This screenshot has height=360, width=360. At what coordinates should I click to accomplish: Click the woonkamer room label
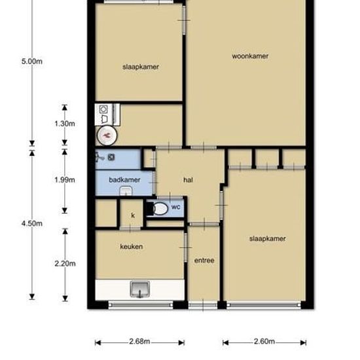point(250,56)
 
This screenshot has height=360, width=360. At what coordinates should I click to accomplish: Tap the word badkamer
point(124,180)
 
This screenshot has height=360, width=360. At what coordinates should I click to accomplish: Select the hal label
point(188,180)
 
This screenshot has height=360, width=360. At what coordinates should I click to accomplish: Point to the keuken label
point(132,247)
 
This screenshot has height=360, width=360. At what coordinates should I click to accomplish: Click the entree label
point(204,261)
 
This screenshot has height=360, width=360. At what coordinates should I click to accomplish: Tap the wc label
point(175,207)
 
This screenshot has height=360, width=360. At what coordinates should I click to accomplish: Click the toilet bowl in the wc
point(160,209)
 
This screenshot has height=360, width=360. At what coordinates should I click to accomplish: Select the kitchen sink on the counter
point(140,289)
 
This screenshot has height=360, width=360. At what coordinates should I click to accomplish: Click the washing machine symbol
point(103,109)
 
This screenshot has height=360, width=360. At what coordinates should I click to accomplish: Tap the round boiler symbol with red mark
point(107,135)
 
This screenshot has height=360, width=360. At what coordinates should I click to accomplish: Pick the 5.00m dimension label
point(32,62)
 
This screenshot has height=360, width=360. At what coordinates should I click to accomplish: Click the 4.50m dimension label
point(32,223)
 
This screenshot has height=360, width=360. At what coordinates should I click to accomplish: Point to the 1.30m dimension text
point(65,124)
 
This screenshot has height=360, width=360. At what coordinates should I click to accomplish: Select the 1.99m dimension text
point(65,180)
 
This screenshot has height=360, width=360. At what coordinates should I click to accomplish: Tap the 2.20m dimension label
point(65,264)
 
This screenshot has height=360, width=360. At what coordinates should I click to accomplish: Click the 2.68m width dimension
point(139,342)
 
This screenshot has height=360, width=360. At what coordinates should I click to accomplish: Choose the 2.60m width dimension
point(264,342)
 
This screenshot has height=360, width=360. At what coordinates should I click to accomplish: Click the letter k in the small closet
point(133,215)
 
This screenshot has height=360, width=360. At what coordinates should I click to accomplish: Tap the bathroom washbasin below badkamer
point(126,191)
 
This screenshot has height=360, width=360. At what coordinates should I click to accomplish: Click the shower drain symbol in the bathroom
point(111,157)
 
